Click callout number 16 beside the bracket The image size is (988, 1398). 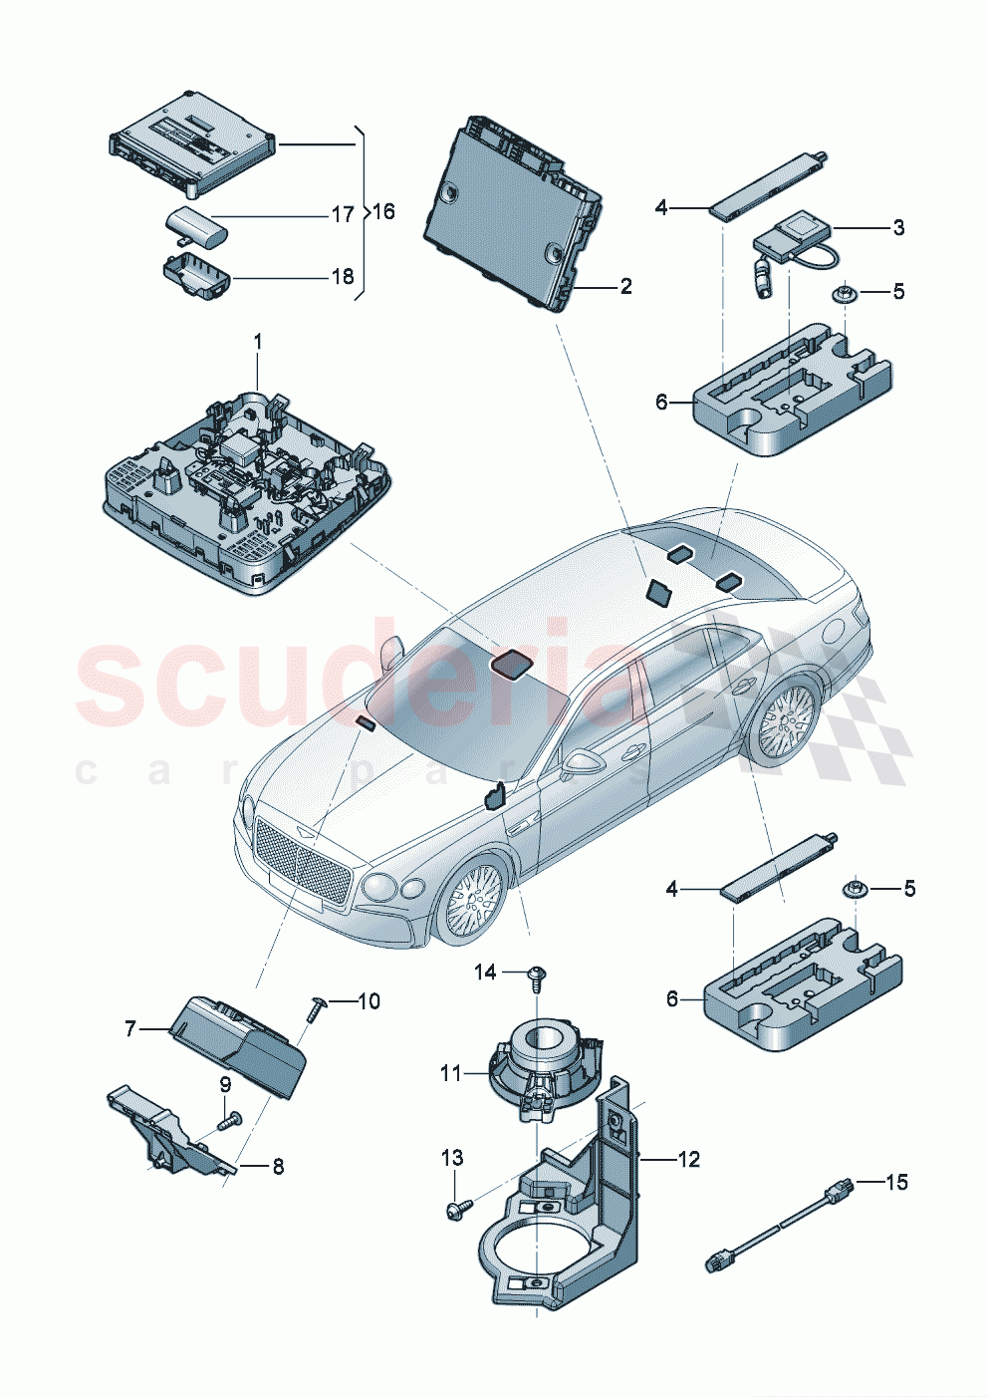click(383, 211)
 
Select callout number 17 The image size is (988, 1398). click(342, 214)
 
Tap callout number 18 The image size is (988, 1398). click(342, 276)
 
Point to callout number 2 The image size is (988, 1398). click(625, 287)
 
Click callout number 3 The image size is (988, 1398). click(898, 227)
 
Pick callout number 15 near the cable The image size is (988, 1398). click(896, 1182)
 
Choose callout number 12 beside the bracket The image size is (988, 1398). click(688, 1159)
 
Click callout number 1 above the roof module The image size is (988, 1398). click(257, 342)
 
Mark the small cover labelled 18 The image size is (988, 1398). click(194, 273)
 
